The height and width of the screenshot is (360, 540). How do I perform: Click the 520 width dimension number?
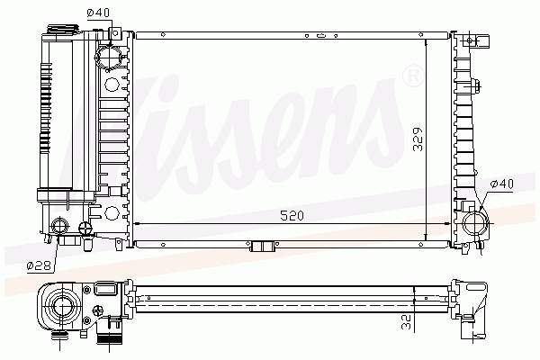point(290,217)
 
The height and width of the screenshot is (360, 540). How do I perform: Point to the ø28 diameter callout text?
point(37,265)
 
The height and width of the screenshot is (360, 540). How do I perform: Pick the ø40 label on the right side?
point(501,184)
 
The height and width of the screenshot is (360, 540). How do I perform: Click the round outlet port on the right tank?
point(474,220)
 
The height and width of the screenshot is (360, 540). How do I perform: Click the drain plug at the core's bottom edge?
point(263,247)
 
